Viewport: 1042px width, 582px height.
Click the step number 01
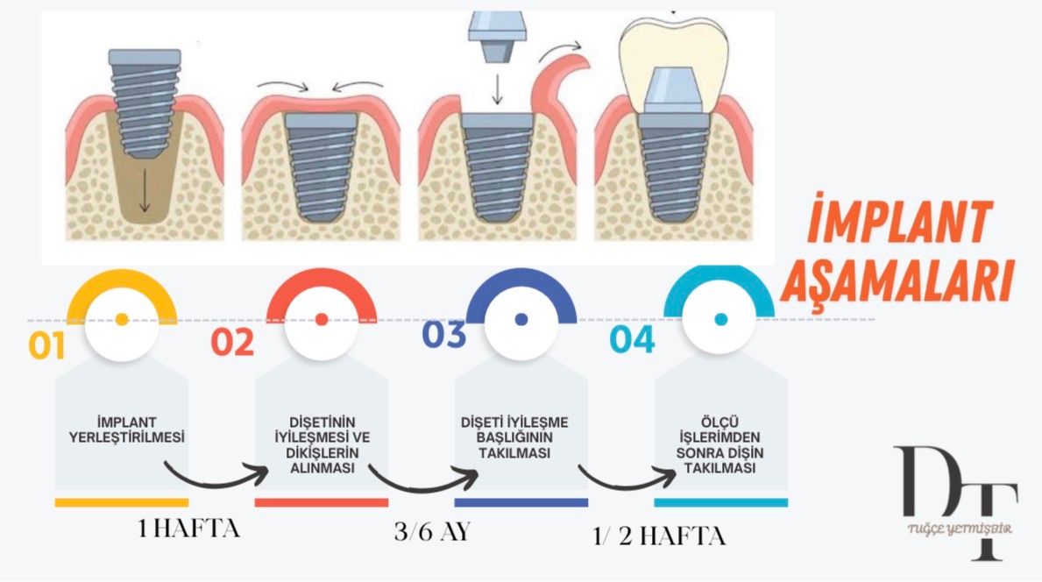[x=47, y=345]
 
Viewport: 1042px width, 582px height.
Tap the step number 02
[x=232, y=342]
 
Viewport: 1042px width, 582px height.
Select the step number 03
[x=443, y=337]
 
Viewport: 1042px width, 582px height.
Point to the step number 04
[x=633, y=339]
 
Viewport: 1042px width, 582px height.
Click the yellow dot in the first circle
[x=122, y=319]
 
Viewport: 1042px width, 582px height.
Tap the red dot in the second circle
[x=322, y=319]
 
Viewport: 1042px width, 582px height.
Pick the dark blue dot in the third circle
[x=521, y=320]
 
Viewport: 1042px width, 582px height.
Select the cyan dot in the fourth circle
[x=721, y=320]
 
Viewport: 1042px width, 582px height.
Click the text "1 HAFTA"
[x=188, y=529]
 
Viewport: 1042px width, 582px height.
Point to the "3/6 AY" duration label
[x=432, y=532]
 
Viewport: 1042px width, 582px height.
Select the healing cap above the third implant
[x=497, y=32]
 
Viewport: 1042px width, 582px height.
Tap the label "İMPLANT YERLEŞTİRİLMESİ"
[x=122, y=427]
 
